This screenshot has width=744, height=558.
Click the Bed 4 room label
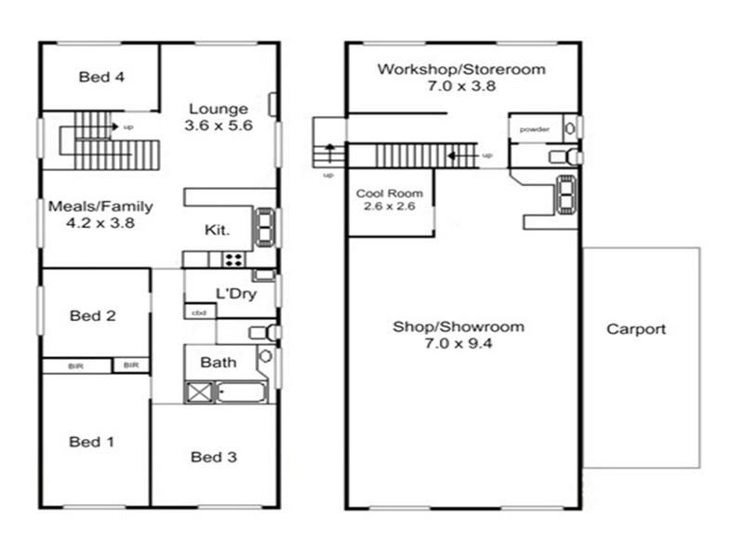pos(101,76)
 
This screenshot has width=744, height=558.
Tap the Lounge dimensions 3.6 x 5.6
pos(219,126)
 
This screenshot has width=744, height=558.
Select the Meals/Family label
pos(100,206)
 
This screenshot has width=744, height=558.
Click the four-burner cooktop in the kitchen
pos(234,259)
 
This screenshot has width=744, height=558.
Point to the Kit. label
pos(217,230)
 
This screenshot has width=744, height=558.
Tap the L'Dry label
pos(236,294)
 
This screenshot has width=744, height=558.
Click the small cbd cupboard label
pos(199,312)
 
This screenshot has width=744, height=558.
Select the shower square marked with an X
pos(199,392)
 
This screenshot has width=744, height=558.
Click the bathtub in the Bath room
pos(241,392)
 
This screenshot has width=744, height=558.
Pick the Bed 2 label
pos(92,315)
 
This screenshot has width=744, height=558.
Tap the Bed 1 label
pos(91,442)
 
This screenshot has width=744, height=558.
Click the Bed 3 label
pos(214,457)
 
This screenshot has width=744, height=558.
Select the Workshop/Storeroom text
pos(461,69)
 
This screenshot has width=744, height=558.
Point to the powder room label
pos(534,129)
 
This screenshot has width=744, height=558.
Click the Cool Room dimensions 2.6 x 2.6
pos(390,206)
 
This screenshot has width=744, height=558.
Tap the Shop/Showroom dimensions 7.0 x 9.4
pos(458,343)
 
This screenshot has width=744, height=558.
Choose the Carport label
pos(636,329)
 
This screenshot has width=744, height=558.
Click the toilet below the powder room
pos(565,157)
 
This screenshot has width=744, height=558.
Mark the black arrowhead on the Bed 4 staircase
pos(114,126)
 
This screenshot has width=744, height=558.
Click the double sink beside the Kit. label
pos(265,227)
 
